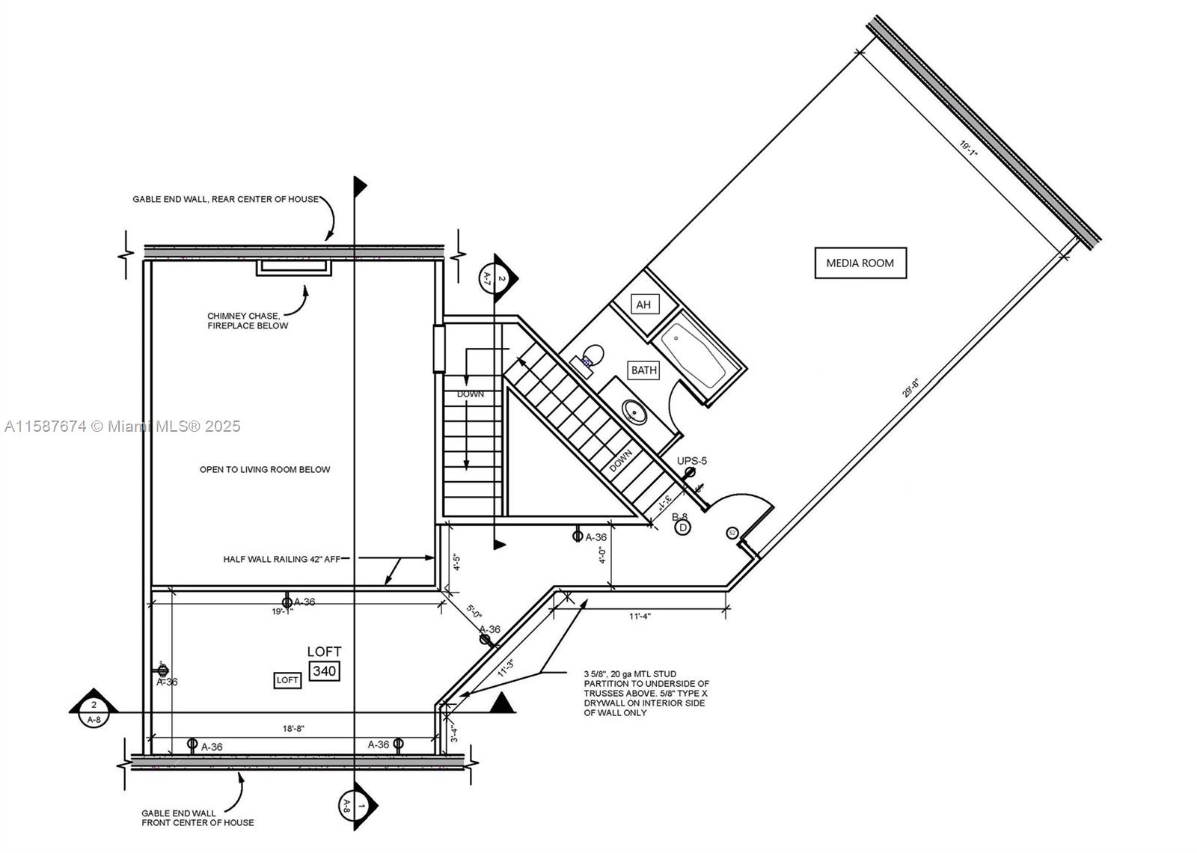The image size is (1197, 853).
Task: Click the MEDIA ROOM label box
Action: click(x=860, y=263)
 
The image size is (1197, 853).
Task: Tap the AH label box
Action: click(x=643, y=305)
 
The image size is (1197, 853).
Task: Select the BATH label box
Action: click(x=643, y=370)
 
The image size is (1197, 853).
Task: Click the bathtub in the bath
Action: click(x=693, y=355)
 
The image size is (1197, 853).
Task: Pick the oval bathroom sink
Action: click(x=635, y=412)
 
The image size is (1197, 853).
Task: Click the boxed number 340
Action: click(x=324, y=671)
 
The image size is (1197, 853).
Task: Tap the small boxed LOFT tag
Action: click(x=287, y=680)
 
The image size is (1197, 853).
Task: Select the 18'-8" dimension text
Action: click(x=293, y=728)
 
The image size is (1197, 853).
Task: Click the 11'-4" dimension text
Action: click(x=640, y=617)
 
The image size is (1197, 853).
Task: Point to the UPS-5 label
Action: click(x=691, y=461)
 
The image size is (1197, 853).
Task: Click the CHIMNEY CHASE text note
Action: click(x=247, y=321)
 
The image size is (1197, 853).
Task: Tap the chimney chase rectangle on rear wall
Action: click(x=294, y=267)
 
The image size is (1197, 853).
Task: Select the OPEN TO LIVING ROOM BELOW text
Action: click(x=264, y=470)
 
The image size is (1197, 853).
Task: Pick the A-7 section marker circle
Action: click(x=495, y=279)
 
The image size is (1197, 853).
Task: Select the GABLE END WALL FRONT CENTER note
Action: click(x=198, y=818)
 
